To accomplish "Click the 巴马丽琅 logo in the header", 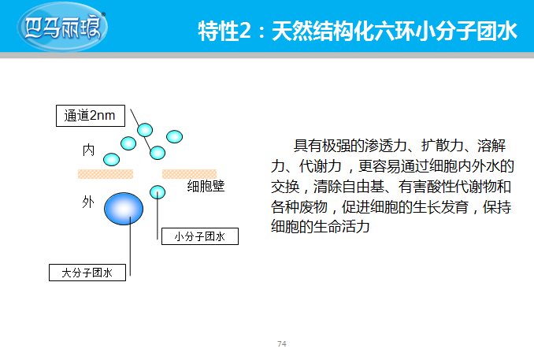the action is point(61,27).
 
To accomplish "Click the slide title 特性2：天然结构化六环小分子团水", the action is point(358,31).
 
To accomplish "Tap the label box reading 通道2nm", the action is point(91,116).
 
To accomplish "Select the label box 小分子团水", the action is point(200,236).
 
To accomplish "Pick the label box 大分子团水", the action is point(87,273).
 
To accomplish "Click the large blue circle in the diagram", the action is point(124,209).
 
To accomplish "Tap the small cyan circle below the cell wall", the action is point(158,192).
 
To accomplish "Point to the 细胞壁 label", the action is point(206,186).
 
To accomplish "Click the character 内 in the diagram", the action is point(88,150).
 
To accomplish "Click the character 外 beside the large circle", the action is point(88,202).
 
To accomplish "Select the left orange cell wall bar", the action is point(106,174).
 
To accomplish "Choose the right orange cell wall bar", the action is point(189,174).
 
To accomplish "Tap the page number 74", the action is point(282,343).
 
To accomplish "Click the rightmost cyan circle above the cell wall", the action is point(174,136).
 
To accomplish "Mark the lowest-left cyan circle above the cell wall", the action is point(111,159).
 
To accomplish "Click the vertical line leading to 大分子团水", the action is point(130,246).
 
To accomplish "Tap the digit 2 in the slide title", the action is point(245,32).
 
